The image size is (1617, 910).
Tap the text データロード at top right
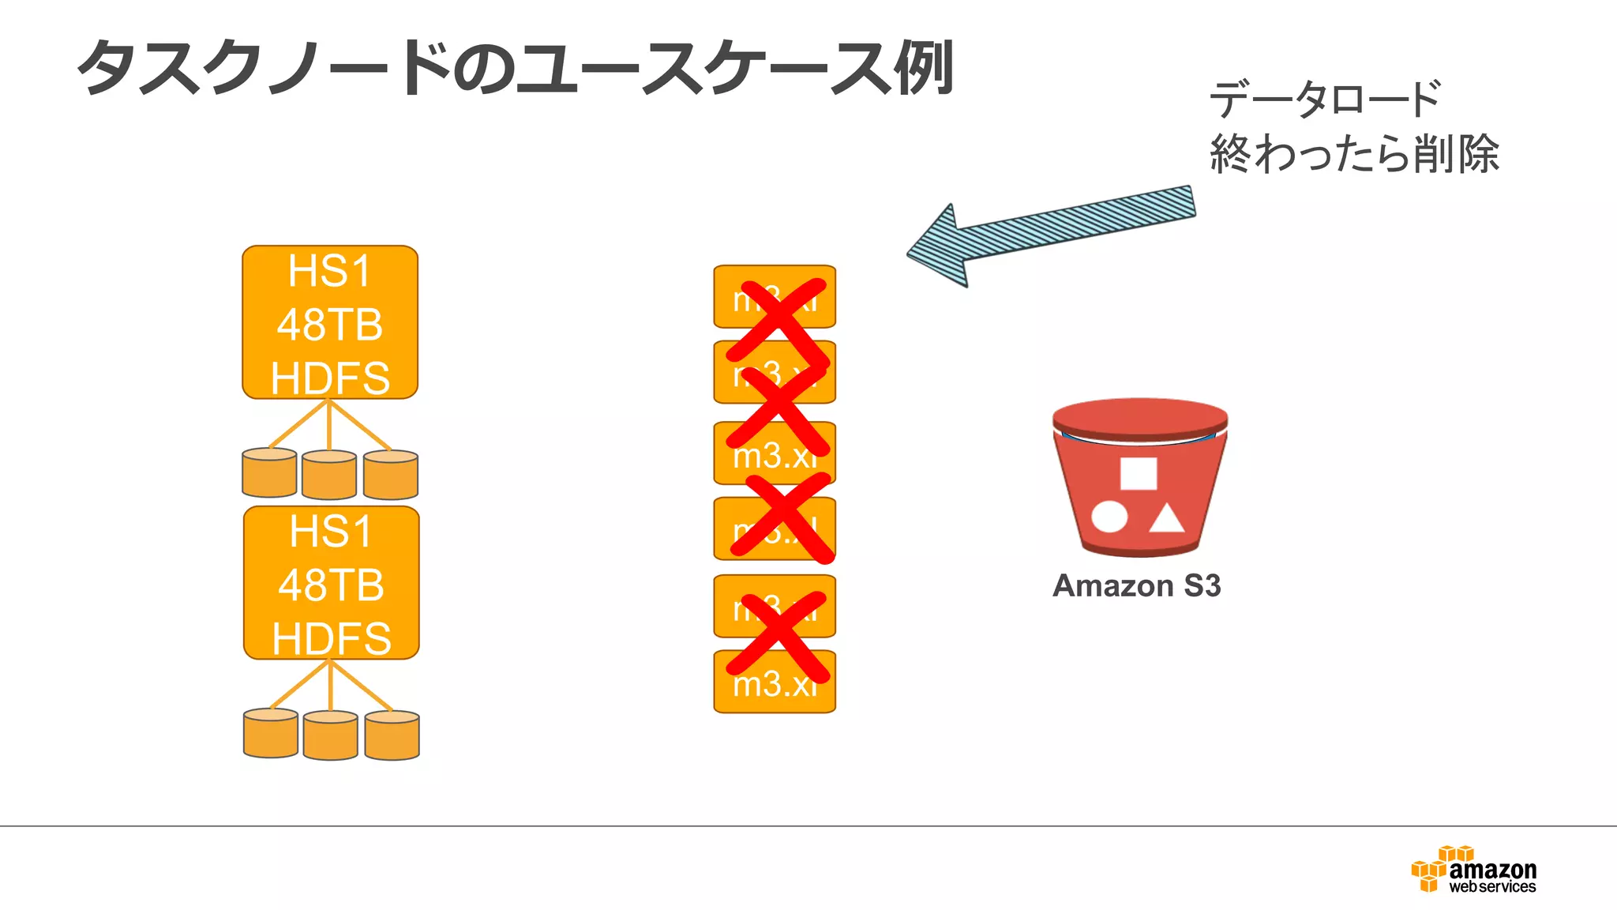tap(1325, 100)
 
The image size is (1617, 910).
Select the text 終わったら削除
tap(1353, 153)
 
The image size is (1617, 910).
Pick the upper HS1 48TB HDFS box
tap(330, 322)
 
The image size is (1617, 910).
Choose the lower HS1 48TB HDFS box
tap(332, 583)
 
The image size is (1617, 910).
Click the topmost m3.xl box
tap(775, 297)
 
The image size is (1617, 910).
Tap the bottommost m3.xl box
tap(775, 682)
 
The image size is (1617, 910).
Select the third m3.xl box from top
tap(775, 453)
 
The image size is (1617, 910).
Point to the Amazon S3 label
tap(1137, 586)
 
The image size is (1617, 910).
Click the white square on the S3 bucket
tap(1139, 473)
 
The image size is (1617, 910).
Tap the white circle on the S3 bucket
tap(1109, 517)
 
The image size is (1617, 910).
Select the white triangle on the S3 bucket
tap(1166, 519)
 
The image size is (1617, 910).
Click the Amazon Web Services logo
tap(1474, 870)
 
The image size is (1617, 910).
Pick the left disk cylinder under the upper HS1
tap(270, 473)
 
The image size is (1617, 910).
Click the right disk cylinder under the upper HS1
tap(391, 475)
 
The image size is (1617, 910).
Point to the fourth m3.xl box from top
tap(775, 529)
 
